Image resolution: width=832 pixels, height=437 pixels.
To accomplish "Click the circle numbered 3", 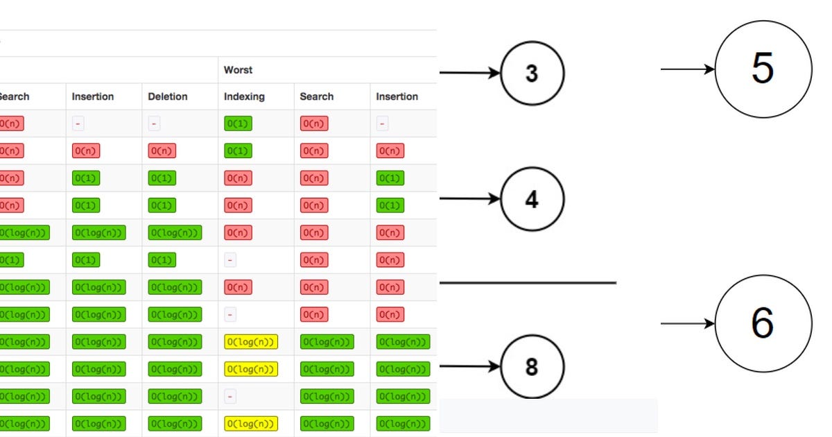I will point(532,73).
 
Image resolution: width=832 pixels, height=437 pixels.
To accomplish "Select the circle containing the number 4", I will point(532,200).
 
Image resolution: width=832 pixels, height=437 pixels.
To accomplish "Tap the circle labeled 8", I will point(532,366).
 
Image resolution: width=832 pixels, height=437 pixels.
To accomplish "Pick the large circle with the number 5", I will point(763,69).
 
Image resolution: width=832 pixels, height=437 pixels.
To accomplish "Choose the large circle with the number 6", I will point(763,323).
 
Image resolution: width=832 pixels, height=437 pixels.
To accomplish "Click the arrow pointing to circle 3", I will point(469,73).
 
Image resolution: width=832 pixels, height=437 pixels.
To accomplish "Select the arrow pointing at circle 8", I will point(469,366).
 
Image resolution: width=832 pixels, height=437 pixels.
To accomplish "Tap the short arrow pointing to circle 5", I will point(687,69).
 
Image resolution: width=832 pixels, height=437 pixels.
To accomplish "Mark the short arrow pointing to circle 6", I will point(687,323).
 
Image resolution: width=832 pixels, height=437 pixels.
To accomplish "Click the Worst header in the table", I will point(238,70).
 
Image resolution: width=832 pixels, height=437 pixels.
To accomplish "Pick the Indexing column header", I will point(244,96).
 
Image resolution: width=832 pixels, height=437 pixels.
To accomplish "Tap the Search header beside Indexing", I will point(316,96).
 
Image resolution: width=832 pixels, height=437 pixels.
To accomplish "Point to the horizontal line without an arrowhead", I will point(528,283).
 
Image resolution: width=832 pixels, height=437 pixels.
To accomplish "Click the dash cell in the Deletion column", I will point(155,124).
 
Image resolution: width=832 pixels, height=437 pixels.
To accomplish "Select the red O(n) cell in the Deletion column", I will point(162,151).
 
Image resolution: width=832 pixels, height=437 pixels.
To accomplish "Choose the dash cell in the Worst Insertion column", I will point(383,124).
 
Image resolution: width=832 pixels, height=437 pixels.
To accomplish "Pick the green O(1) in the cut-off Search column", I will point(10,260).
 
